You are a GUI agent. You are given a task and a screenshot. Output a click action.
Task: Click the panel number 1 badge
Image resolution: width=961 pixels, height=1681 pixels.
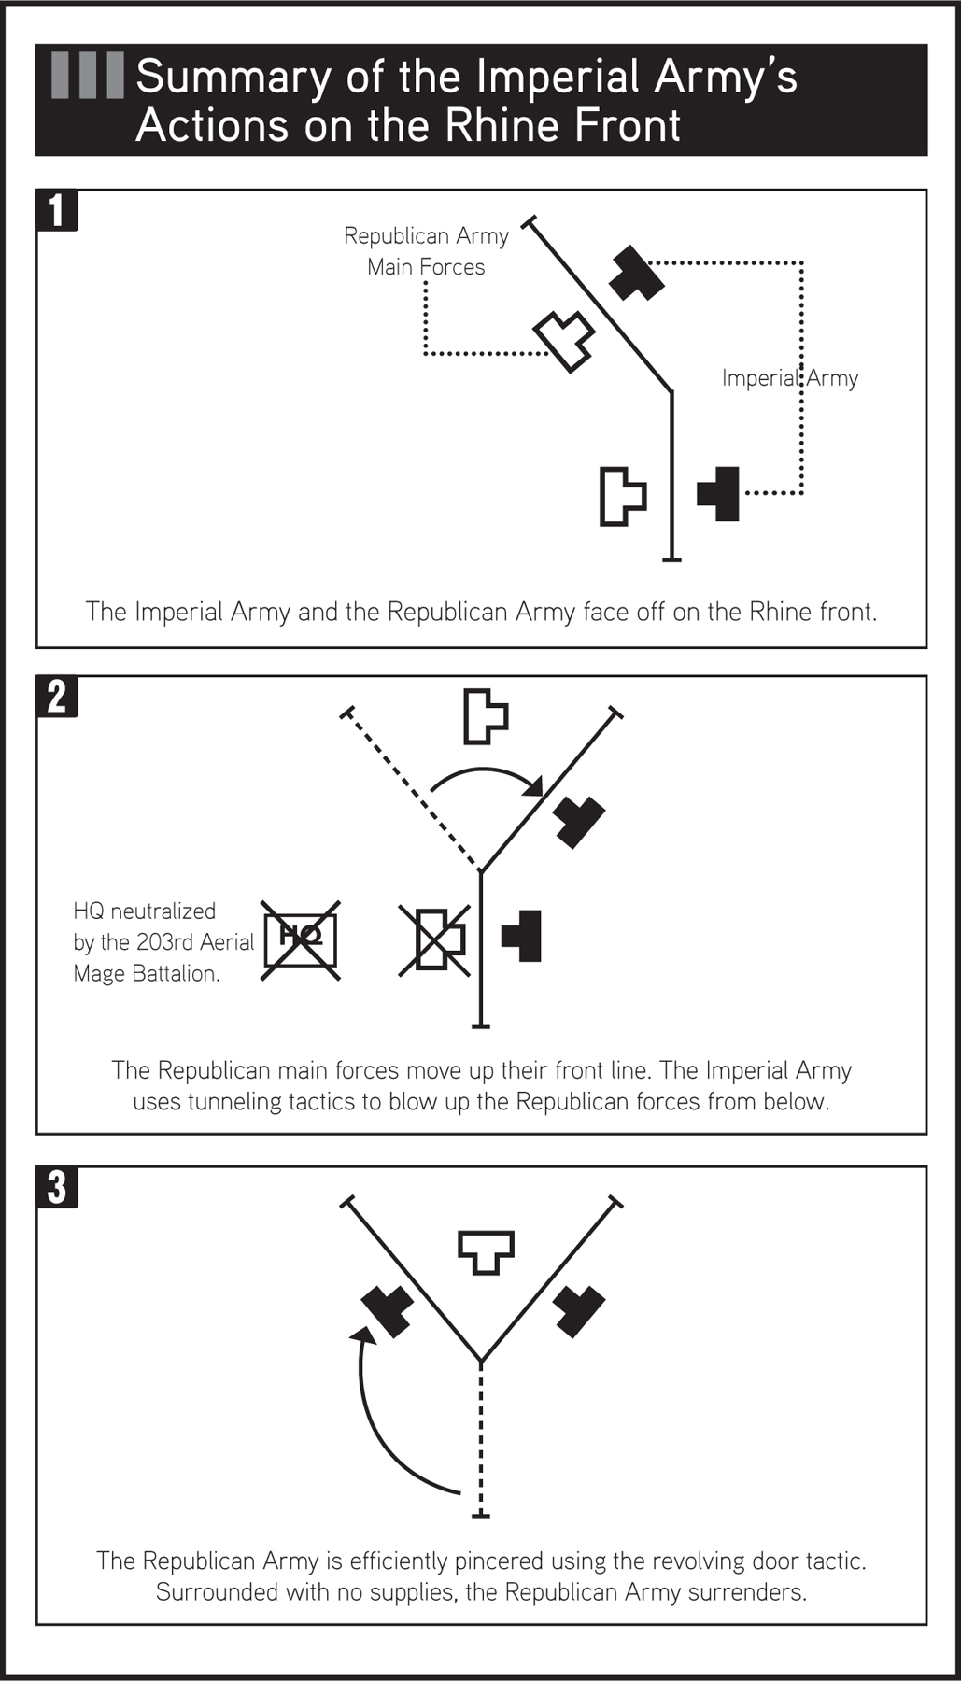pyautogui.click(x=57, y=210)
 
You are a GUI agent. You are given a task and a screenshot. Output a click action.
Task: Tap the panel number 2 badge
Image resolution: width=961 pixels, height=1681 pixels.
pyautogui.click(x=57, y=697)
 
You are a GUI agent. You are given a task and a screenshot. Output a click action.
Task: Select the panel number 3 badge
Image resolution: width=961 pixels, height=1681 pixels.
pyautogui.click(x=57, y=1187)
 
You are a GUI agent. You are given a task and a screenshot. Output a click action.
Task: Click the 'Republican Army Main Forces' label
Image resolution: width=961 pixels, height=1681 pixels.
pyautogui.click(x=426, y=251)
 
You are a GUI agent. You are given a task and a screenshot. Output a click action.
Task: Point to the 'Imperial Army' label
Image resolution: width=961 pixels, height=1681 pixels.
pyautogui.click(x=789, y=378)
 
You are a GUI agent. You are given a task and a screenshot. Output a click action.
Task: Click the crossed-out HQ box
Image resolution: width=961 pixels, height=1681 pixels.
pyautogui.click(x=300, y=939)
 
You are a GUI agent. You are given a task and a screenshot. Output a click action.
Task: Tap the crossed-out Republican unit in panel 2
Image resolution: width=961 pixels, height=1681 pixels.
pyautogui.click(x=434, y=940)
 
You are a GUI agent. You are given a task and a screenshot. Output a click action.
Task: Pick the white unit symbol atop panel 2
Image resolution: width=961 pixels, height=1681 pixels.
pyautogui.click(x=484, y=716)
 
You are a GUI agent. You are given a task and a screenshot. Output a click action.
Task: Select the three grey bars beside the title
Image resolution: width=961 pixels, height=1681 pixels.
pyautogui.click(x=87, y=76)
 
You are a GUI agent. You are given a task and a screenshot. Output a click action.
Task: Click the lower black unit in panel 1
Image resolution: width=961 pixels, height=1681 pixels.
pyautogui.click(x=719, y=493)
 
